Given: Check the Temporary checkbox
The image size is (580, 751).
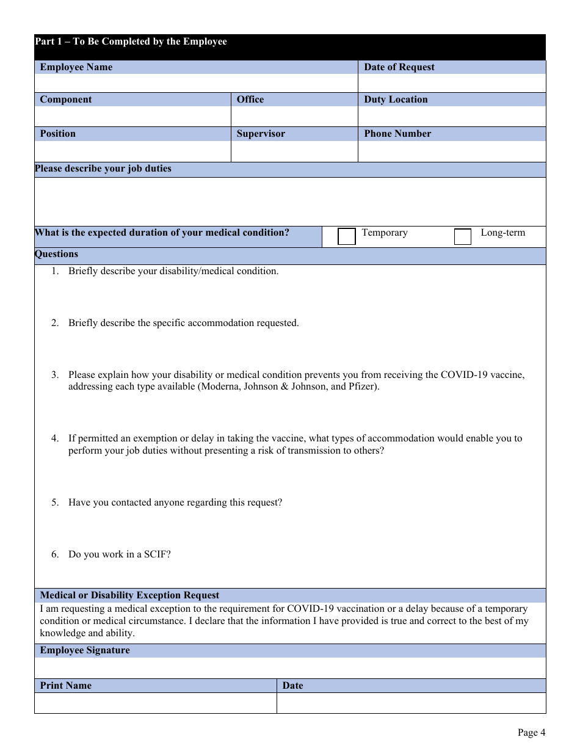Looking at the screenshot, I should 347,236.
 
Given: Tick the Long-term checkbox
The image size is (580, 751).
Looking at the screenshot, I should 463,236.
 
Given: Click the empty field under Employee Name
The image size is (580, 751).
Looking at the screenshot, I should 195,83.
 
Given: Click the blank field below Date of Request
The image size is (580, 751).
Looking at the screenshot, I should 451,83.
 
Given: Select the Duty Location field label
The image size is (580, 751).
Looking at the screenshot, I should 396,100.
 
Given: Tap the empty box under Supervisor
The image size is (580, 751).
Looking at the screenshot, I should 294,151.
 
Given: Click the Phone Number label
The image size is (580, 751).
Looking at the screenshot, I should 397,134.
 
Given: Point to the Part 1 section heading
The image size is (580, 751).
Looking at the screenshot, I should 131,42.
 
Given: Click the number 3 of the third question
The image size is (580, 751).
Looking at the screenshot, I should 54,374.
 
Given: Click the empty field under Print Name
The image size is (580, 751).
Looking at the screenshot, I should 155,703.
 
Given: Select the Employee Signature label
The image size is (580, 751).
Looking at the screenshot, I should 85,650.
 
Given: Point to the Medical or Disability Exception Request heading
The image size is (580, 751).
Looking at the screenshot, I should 129,595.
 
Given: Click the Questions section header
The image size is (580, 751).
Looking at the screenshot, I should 57,254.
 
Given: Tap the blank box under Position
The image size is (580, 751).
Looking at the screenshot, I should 132,151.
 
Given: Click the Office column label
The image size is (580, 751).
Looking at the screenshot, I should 250,100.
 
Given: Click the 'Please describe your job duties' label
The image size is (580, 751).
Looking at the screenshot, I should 103,169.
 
